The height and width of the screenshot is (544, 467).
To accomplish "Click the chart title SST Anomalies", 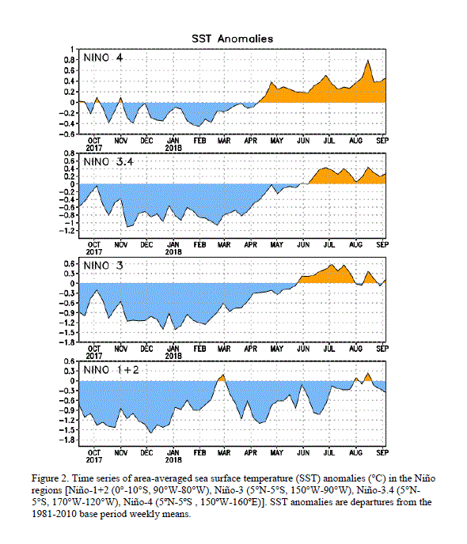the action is click(x=232, y=39).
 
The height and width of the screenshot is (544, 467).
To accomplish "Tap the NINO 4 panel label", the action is click(x=103, y=58).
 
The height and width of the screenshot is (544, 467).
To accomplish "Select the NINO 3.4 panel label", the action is click(x=108, y=161).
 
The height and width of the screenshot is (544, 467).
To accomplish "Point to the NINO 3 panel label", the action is click(x=103, y=266).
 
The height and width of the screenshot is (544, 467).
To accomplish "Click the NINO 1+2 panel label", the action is click(x=111, y=370).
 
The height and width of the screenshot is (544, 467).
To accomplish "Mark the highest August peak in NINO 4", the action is click(x=368, y=60).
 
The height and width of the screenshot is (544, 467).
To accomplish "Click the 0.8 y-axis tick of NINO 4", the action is click(x=70, y=60).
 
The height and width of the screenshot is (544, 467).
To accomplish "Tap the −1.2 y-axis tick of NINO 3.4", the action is click(x=66, y=231).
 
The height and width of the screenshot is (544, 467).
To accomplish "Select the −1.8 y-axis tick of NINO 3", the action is click(x=66, y=342).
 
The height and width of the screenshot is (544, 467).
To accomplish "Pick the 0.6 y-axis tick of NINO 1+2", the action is click(x=70, y=361).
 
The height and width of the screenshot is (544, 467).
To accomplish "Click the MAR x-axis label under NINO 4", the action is click(x=224, y=141).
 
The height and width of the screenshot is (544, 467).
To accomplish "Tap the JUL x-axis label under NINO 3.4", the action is click(x=329, y=244).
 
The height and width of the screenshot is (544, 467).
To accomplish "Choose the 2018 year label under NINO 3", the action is click(x=173, y=356).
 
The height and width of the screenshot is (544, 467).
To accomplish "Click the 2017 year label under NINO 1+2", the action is click(x=94, y=460).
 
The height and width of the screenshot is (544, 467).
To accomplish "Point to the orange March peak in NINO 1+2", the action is click(x=223, y=375).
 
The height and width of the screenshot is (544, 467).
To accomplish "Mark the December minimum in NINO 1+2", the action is click(x=150, y=433).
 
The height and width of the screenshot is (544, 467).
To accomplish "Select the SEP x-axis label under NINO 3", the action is click(x=382, y=349).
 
